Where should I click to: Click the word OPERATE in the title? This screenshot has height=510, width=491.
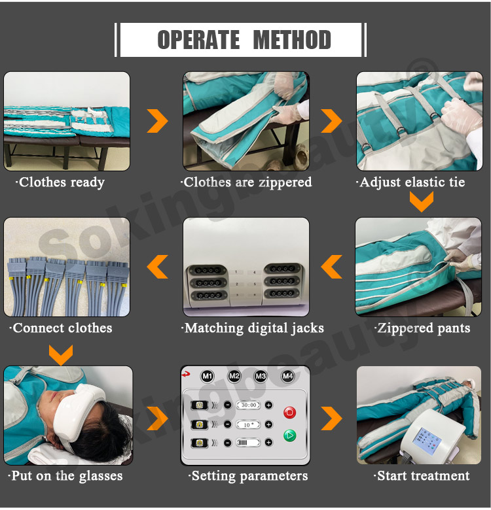[198, 40]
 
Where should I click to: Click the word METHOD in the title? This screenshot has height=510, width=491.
[292, 40]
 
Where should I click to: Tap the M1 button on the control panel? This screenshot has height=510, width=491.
[208, 377]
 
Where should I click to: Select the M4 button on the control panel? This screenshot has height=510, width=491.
[287, 377]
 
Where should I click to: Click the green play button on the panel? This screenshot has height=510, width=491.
[290, 435]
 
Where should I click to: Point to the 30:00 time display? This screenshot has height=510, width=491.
[249, 405]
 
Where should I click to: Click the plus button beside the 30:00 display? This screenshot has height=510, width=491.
[268, 405]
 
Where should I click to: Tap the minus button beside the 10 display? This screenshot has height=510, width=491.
[228, 425]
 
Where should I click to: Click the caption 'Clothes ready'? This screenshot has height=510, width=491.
[60, 182]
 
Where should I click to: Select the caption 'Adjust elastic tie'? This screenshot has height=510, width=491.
[410, 182]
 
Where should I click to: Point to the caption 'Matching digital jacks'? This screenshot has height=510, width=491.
[253, 328]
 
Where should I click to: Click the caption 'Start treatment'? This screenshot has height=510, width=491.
[422, 476]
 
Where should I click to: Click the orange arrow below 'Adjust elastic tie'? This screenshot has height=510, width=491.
[422, 202]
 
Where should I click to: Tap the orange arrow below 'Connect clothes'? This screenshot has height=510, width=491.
[61, 356]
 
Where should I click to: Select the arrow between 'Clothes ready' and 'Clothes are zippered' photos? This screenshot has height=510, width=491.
[158, 121]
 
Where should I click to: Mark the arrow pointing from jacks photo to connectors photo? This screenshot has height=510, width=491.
[158, 267]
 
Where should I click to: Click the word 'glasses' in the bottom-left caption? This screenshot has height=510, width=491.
[101, 477]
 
